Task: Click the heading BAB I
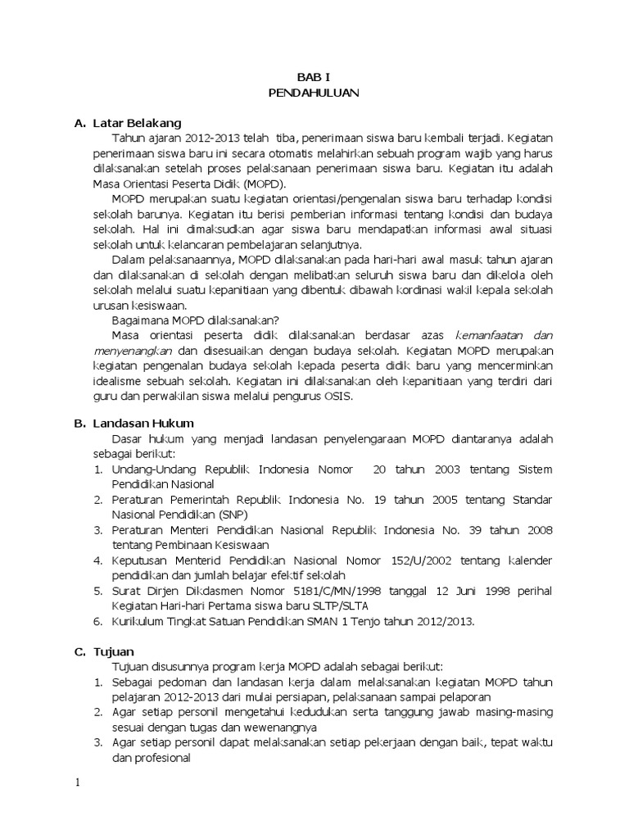point(314,78)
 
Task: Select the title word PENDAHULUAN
point(314,93)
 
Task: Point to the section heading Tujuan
point(113,651)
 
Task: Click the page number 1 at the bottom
point(78,782)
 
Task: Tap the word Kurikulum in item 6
point(138,621)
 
